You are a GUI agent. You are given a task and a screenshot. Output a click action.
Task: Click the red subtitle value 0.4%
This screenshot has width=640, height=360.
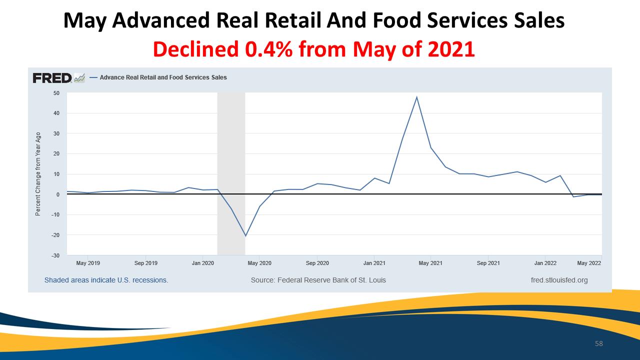[268, 49]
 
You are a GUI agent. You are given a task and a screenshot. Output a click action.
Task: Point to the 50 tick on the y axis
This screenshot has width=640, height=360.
[56, 93]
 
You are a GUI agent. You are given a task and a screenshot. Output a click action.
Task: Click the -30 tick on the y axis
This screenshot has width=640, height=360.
[55, 255]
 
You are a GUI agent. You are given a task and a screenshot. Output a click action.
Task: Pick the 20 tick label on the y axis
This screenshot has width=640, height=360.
[56, 153]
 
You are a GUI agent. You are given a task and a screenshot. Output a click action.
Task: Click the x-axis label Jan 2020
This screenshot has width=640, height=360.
[203, 263]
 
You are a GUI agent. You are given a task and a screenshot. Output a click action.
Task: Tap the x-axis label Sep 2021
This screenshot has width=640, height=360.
[488, 263]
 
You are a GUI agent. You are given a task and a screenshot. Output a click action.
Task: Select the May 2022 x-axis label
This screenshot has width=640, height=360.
[589, 263]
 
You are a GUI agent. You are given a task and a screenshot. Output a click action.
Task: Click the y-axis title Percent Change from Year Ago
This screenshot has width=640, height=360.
[37, 174]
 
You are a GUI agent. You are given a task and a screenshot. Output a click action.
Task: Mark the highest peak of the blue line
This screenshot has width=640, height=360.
[416, 97]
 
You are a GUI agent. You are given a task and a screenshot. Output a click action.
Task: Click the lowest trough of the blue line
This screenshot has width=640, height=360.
[245, 236]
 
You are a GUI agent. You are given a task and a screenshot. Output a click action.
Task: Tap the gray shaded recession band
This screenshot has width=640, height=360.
[231, 173]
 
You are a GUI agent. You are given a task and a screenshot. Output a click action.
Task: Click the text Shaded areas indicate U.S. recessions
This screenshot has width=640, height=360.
[106, 280]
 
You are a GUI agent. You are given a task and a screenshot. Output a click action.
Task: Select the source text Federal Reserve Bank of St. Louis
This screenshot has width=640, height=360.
[331, 280]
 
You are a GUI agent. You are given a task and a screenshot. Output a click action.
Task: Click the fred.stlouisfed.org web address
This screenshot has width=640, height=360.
[559, 280]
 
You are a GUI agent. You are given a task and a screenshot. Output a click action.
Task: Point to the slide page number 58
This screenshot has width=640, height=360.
[599, 343]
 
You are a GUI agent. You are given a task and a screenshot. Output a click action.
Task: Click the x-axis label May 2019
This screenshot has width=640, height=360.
[88, 263]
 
